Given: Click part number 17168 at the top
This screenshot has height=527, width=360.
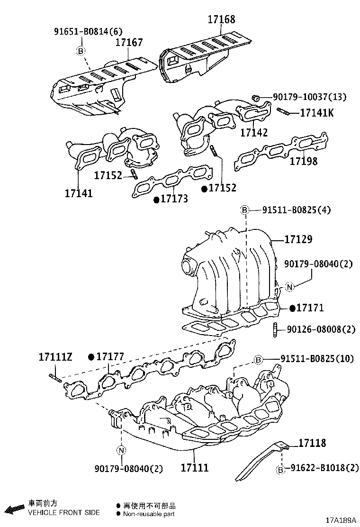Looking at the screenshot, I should pos(221,20).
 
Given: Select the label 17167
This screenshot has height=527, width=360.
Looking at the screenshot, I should pos(129,43).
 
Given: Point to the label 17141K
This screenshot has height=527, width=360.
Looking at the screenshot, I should pos(317,113).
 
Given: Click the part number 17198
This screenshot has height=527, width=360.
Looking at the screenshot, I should pos(304,161).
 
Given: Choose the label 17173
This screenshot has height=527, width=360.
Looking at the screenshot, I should pos(174,199).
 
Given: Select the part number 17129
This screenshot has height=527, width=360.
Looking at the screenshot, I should pos(298,240).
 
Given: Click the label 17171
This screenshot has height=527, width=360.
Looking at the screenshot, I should pos(310,308).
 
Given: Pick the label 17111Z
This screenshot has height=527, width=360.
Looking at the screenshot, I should pos(55,356).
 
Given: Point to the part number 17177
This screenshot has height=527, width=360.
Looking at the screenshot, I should pos(110,356).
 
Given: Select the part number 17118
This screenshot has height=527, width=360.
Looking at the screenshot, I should pos(312,443).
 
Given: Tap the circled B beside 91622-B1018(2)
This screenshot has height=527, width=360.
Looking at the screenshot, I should pos(280,469).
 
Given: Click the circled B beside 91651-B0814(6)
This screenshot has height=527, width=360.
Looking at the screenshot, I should pos(81,51).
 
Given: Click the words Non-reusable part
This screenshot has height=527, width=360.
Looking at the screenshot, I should pos(149,514).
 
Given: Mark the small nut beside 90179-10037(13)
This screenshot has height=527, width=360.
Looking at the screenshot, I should pos(256,98).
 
